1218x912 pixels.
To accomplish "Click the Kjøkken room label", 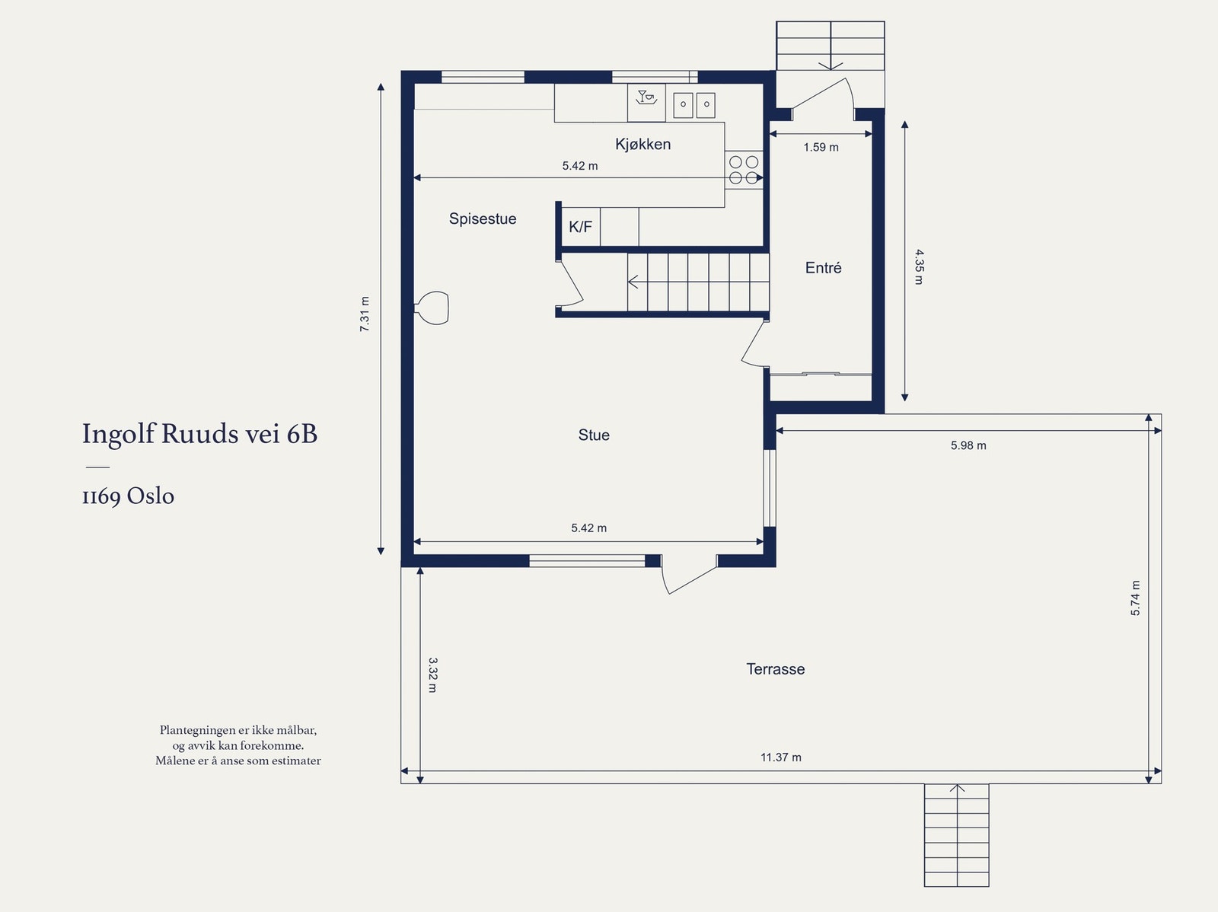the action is tap(642, 144).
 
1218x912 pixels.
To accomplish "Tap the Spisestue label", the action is tap(482, 219).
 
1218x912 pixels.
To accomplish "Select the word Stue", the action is tap(594, 435).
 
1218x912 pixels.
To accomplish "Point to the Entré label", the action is tap(823, 268).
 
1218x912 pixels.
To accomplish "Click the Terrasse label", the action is tap(775, 669).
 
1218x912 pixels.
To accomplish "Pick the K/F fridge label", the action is tap(580, 227).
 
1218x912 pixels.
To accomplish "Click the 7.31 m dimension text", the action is tap(365, 314).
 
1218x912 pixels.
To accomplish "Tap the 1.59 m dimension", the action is tap(821, 147).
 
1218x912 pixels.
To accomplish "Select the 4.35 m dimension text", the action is tap(920, 267).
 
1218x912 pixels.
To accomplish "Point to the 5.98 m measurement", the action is tap(968, 445).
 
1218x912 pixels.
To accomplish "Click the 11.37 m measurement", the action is tap(781, 757).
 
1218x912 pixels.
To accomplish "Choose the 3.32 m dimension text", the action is tap(433, 675).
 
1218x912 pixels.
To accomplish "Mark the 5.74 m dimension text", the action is tap(1135, 598).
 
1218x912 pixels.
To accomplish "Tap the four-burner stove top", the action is tap(744, 170).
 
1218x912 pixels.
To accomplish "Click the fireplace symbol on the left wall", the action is tap(432, 308).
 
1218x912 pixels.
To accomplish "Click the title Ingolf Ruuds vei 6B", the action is tap(199, 434).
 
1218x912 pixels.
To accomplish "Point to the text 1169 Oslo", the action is tap(128, 496).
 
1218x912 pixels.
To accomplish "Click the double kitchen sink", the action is tap(694, 105).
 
